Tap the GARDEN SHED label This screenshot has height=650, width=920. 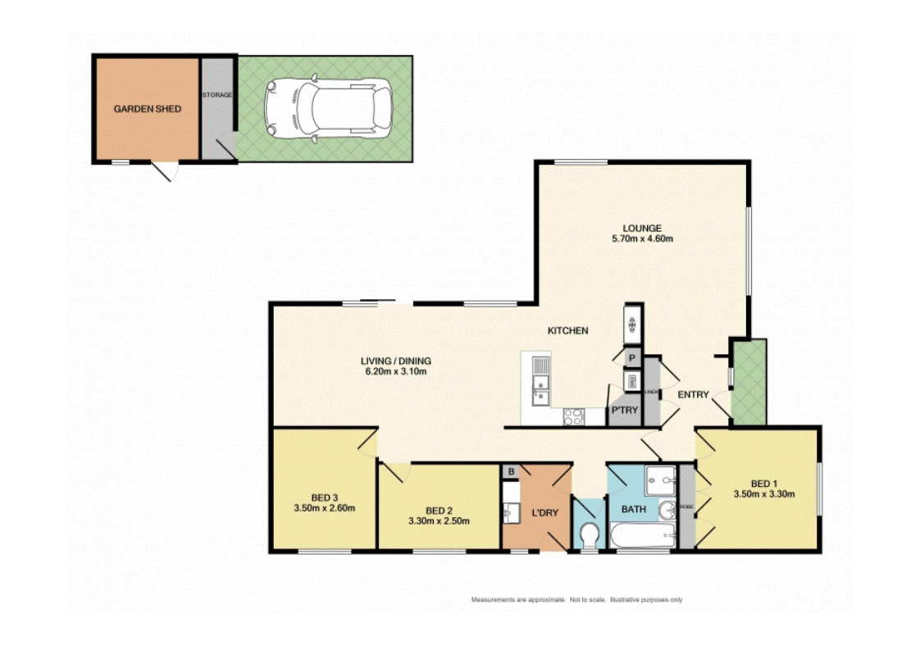pyautogui.click(x=147, y=109)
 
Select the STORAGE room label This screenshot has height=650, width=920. pyautogui.click(x=217, y=95)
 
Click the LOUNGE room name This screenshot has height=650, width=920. pyautogui.click(x=641, y=228)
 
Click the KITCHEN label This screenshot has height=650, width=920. pyautogui.click(x=568, y=330)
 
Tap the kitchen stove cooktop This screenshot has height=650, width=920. pyautogui.click(x=573, y=416)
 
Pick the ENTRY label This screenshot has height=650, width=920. pyautogui.click(x=693, y=395)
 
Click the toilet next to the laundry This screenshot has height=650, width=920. pyautogui.click(x=587, y=534)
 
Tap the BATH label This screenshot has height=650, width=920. pyautogui.click(x=633, y=509)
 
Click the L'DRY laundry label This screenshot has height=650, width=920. pyautogui.click(x=544, y=513)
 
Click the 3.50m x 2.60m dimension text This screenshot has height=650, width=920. pyautogui.click(x=325, y=509)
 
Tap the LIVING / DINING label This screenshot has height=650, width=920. pyautogui.click(x=396, y=361)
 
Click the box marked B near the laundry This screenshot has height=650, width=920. pyautogui.click(x=511, y=471)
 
